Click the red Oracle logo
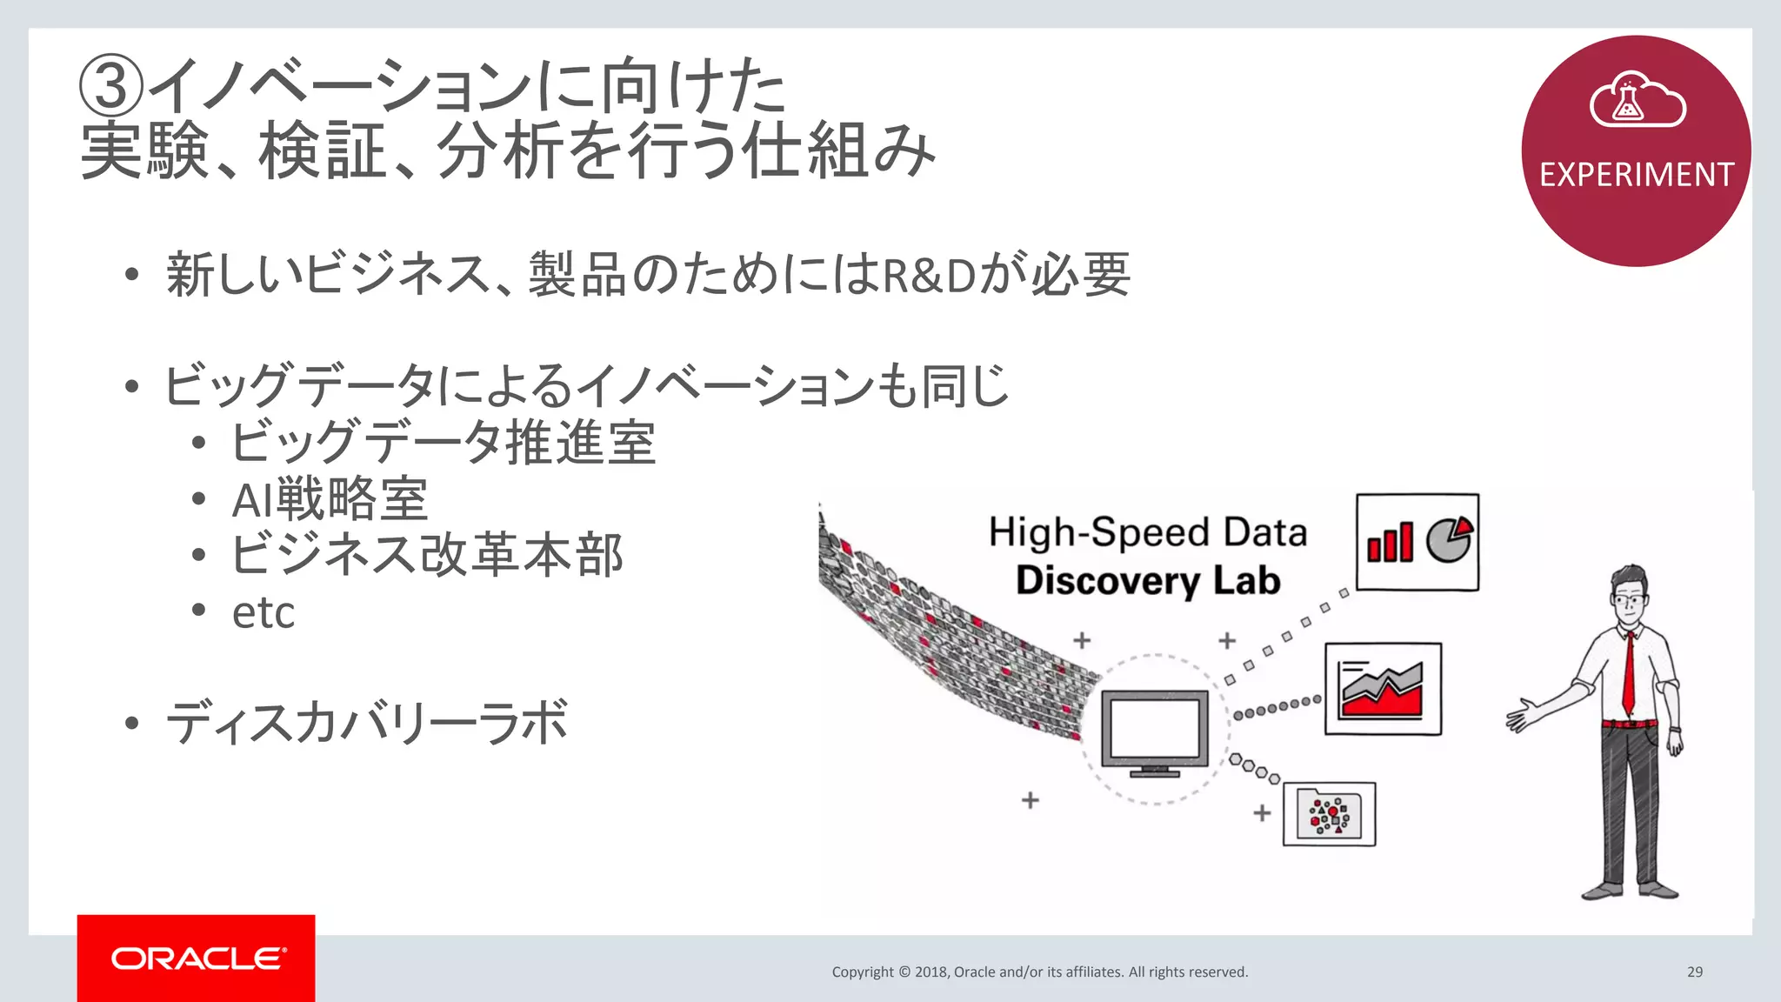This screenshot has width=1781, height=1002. (x=197, y=958)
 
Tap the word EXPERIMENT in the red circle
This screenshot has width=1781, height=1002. (x=1637, y=175)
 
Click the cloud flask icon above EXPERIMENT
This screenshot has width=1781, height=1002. (x=1637, y=101)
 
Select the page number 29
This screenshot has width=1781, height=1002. (x=1694, y=972)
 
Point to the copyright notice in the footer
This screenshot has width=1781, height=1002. (x=1039, y=972)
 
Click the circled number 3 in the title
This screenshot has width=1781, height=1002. (x=110, y=86)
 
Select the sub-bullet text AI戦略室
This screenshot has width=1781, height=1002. (x=330, y=499)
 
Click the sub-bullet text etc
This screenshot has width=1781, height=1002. (x=263, y=612)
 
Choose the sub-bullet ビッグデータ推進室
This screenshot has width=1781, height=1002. (x=443, y=443)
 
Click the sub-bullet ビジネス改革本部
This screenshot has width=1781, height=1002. (x=427, y=555)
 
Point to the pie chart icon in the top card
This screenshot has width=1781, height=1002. (x=1449, y=539)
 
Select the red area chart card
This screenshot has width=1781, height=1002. (x=1383, y=689)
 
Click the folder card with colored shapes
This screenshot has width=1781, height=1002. (x=1329, y=814)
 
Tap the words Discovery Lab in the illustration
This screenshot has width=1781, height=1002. (x=1148, y=580)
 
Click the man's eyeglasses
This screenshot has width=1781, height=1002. (x=1628, y=600)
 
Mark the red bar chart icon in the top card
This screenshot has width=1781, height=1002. (x=1390, y=543)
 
